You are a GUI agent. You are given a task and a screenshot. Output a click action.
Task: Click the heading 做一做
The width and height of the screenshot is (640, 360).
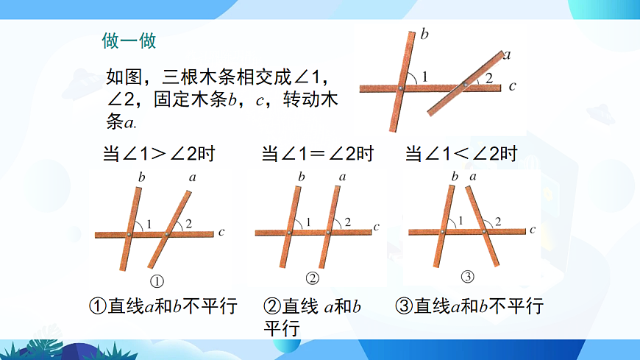click(x=129, y=40)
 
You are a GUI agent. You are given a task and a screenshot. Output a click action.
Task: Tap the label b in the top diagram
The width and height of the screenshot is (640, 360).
click(x=425, y=34)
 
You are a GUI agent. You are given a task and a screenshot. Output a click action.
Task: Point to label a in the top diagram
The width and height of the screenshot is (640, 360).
click(x=507, y=54)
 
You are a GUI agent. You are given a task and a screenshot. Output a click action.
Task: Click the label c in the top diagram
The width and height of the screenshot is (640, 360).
click(x=513, y=87)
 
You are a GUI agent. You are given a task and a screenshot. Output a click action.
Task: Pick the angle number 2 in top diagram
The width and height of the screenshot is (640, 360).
click(x=488, y=78)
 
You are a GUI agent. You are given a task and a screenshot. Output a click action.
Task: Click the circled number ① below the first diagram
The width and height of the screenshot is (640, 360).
click(x=156, y=280)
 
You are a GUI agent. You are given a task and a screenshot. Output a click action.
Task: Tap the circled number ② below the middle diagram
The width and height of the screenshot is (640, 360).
click(x=313, y=278)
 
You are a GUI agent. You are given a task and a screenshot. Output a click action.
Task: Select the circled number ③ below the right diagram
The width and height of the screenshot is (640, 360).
click(x=468, y=277)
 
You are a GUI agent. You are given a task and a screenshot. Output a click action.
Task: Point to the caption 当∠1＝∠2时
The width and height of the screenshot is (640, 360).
click(x=318, y=155)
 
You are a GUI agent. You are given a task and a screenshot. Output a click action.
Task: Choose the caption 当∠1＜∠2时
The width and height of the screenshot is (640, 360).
click(x=461, y=155)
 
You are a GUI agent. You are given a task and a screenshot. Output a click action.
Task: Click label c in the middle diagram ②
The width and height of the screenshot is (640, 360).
click(x=377, y=227)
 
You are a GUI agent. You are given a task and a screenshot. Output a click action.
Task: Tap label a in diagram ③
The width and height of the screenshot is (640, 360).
click(x=472, y=176)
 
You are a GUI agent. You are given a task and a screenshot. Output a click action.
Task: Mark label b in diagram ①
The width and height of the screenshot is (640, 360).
click(x=141, y=177)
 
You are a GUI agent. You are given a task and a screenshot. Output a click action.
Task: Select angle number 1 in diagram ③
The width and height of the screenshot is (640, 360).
click(x=461, y=221)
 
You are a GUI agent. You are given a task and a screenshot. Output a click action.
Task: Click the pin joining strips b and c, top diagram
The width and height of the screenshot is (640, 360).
click(x=399, y=88)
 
